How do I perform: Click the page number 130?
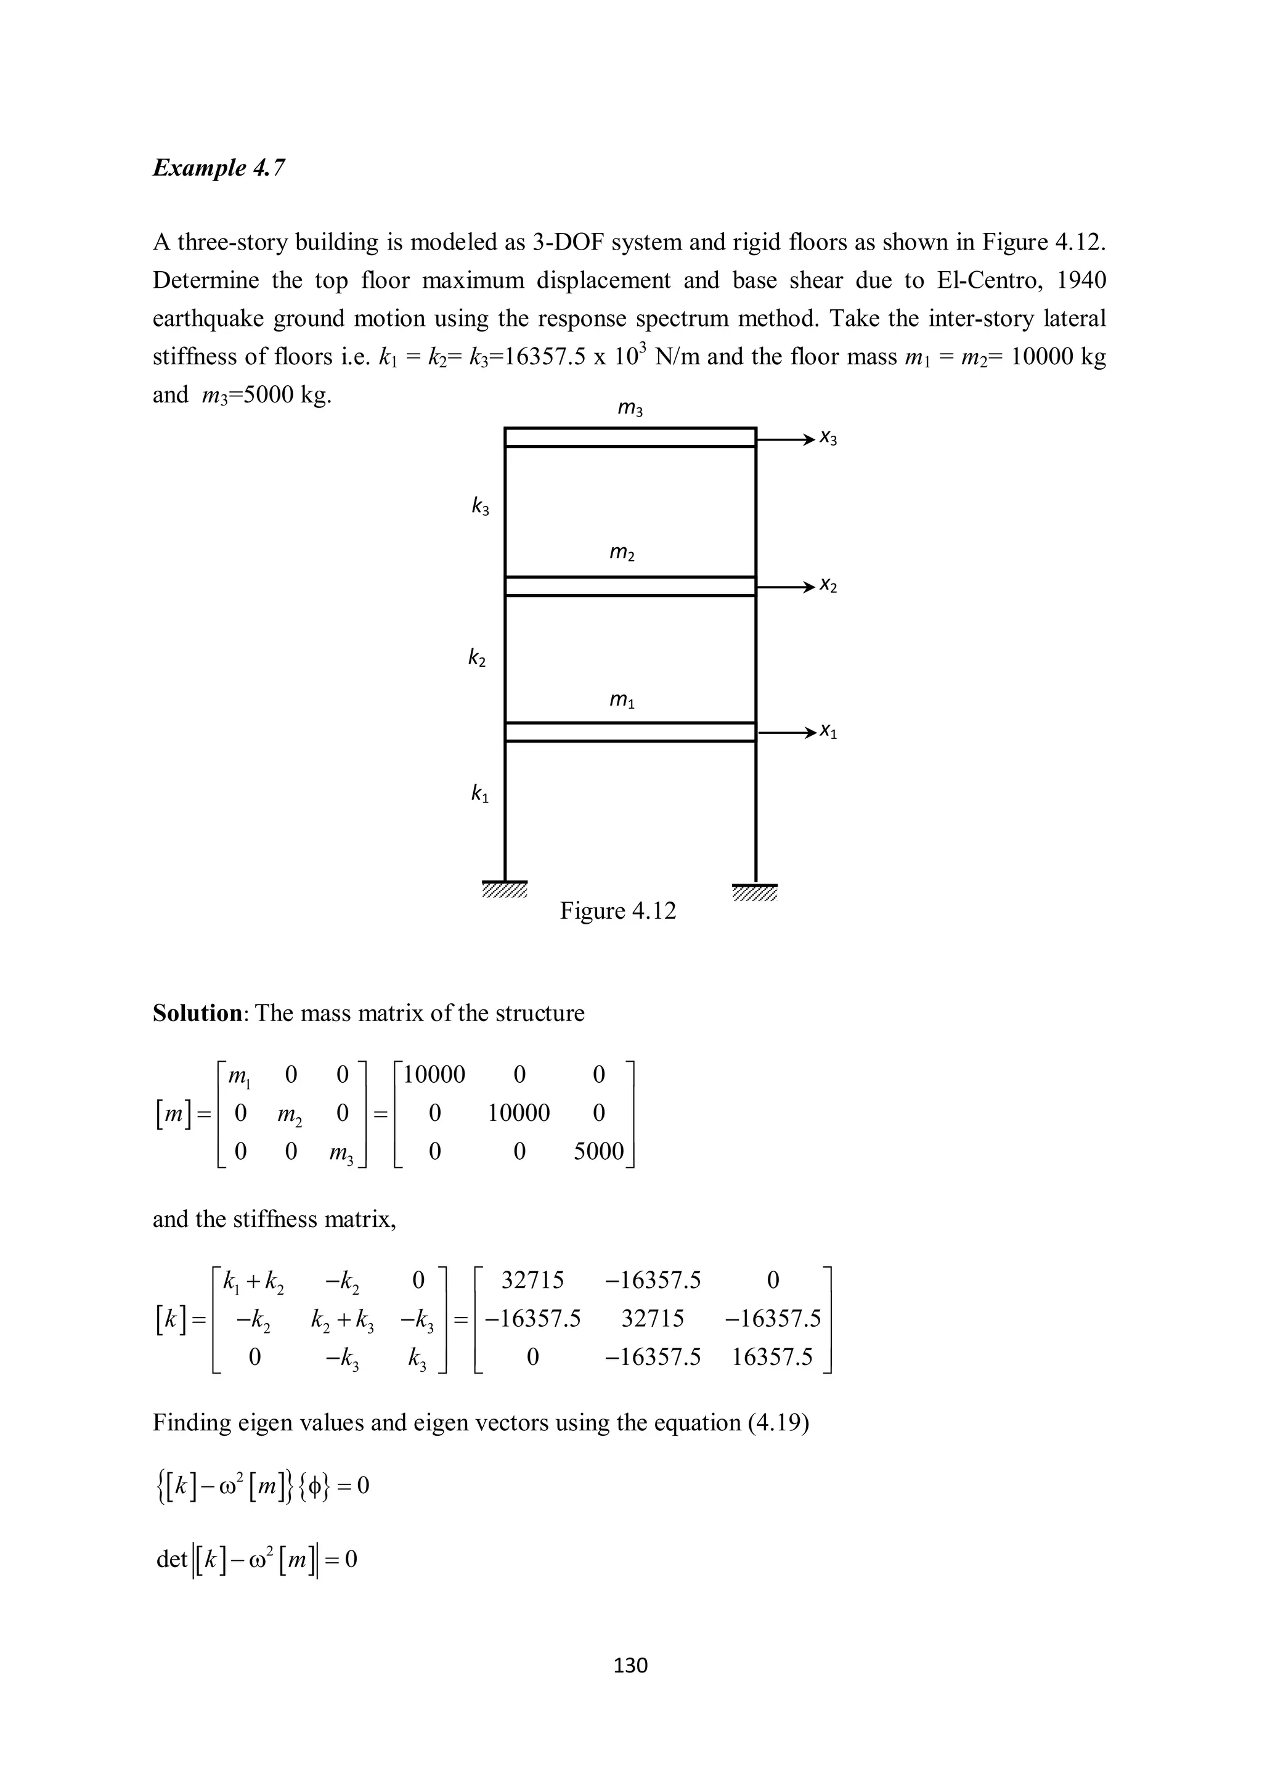(630, 1664)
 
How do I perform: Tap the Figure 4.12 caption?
(618, 910)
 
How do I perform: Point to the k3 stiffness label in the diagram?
(480, 507)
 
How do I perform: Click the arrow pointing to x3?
(785, 439)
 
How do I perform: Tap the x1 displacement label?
(828, 732)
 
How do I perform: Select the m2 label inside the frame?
(622, 552)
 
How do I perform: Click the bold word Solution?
(198, 1013)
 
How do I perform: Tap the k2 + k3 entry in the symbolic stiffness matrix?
(342, 1319)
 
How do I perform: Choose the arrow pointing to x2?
(785, 586)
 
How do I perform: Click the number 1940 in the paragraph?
(1081, 280)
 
